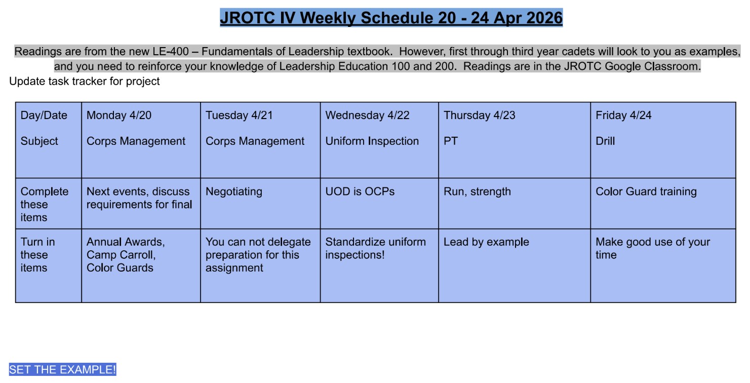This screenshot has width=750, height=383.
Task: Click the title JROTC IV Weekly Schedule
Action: (391, 18)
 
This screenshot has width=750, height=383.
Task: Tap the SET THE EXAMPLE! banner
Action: (63, 369)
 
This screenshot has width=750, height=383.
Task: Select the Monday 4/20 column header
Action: (119, 116)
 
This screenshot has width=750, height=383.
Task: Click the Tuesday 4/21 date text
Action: (239, 116)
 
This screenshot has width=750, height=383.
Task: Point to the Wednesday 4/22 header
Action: (367, 116)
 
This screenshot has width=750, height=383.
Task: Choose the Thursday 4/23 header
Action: (480, 116)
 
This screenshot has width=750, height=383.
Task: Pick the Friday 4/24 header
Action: (623, 116)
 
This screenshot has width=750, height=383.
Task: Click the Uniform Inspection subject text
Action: (372, 141)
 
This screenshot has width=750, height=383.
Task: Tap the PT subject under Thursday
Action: (451, 141)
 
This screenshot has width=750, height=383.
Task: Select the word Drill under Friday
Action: (605, 141)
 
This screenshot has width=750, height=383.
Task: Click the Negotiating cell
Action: (233, 191)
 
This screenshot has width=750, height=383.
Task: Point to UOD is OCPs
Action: (360, 191)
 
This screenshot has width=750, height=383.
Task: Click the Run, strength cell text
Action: (477, 191)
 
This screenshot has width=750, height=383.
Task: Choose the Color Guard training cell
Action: (646, 191)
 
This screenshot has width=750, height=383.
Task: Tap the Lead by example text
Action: (486, 242)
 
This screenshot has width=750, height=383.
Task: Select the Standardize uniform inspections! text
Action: (375, 248)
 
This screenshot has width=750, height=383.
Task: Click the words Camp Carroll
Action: (120, 255)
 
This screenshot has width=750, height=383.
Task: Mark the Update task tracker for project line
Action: (85, 81)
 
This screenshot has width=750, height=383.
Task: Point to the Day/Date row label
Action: (44, 116)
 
